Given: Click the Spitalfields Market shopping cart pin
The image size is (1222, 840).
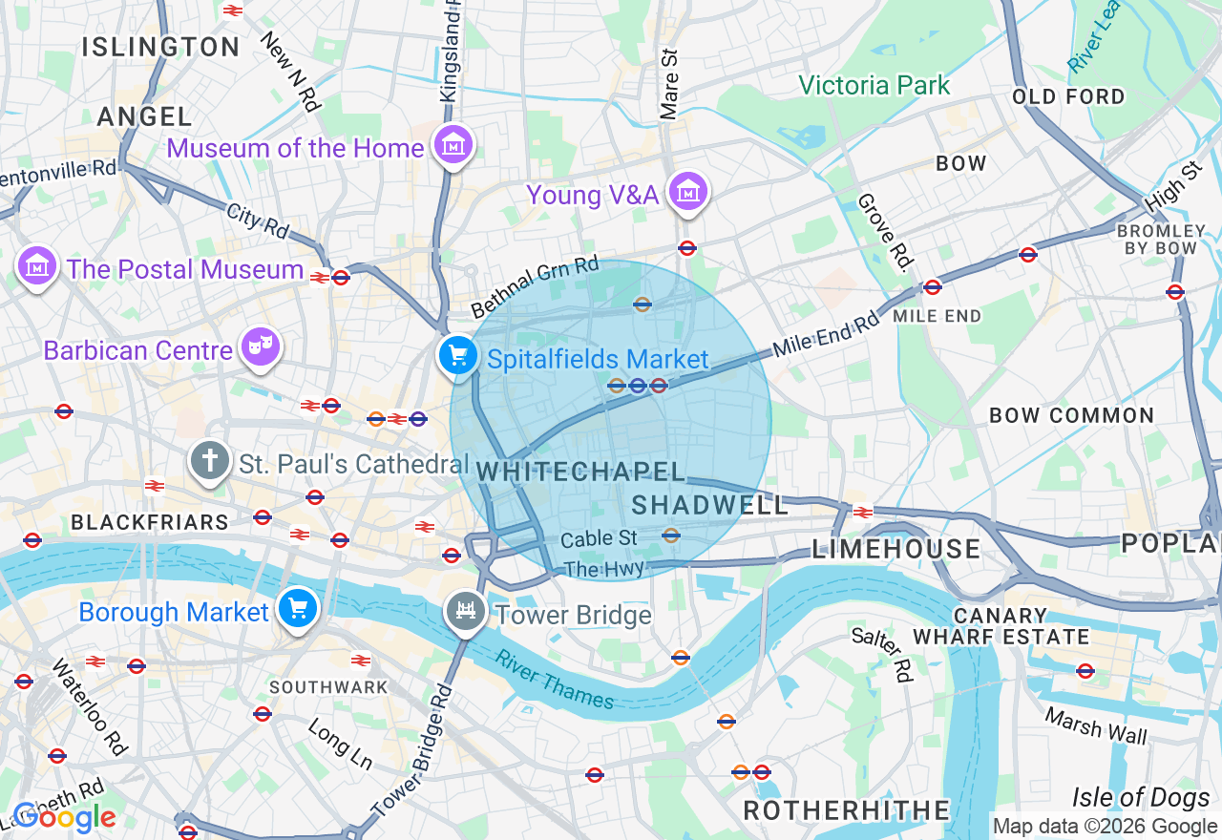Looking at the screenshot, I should pyautogui.click(x=458, y=357).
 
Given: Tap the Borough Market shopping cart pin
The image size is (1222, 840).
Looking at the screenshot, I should pyautogui.click(x=298, y=608).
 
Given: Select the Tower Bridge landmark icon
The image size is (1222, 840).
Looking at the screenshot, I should pyautogui.click(x=466, y=611).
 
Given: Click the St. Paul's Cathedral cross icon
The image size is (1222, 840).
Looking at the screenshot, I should pyautogui.click(x=210, y=462).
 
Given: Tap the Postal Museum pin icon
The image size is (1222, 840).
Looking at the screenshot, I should pyautogui.click(x=37, y=266).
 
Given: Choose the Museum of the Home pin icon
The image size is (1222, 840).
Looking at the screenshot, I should pyautogui.click(x=453, y=145).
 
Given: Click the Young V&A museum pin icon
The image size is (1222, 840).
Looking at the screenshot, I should pyautogui.click(x=687, y=192).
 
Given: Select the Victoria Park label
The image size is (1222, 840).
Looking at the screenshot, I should pyautogui.click(x=874, y=86).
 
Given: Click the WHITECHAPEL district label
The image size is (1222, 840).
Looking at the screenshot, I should pyautogui.click(x=581, y=472).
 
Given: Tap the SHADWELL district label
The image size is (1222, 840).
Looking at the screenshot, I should pyautogui.click(x=710, y=505).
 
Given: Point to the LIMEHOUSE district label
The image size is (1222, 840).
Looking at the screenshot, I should pyautogui.click(x=895, y=549).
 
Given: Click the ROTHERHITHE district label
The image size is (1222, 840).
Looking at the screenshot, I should pyautogui.click(x=847, y=810).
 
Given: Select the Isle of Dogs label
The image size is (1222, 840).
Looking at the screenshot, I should pyautogui.click(x=1140, y=797).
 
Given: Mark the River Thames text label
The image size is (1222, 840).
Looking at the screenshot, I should pyautogui.click(x=555, y=679).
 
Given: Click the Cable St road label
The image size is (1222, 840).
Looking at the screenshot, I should pyautogui.click(x=599, y=539).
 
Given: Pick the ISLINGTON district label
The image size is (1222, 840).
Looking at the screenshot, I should pyautogui.click(x=160, y=47).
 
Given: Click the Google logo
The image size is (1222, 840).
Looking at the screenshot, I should pyautogui.click(x=64, y=818).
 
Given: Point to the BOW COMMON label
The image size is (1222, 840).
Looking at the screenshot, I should pyautogui.click(x=1071, y=415).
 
